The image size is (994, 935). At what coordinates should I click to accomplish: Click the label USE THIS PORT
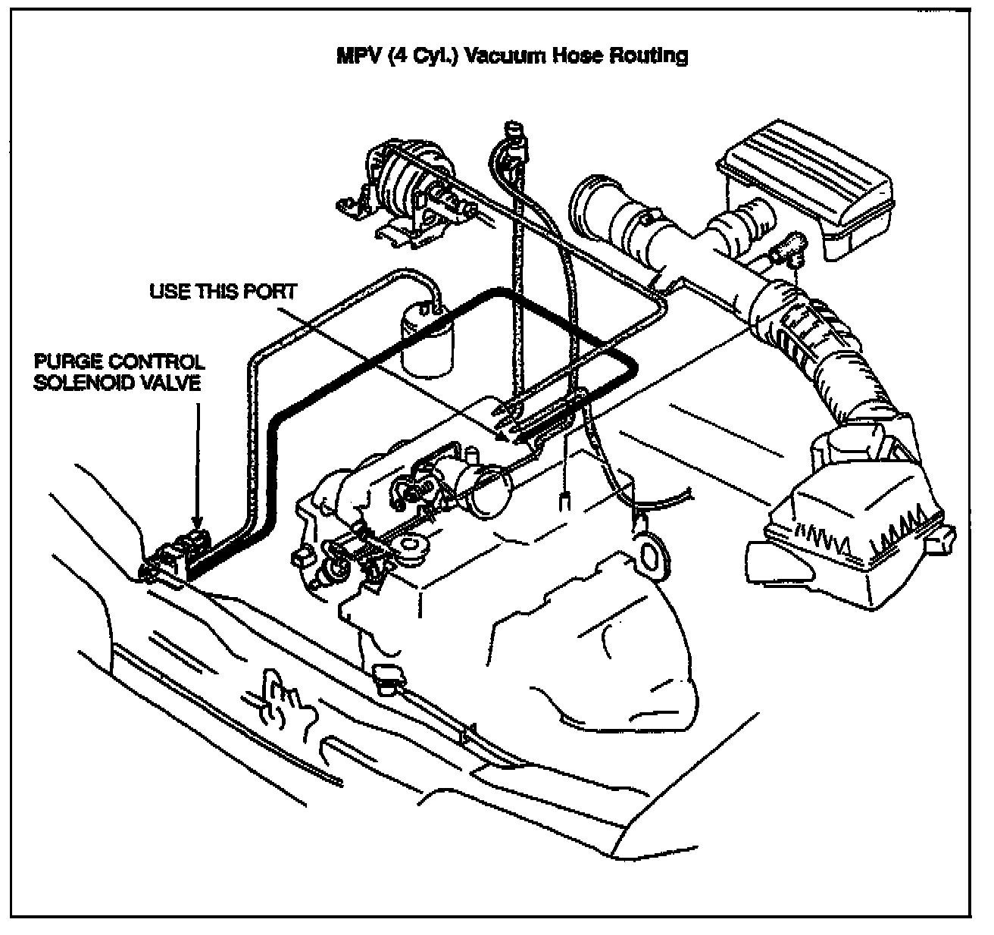(223, 292)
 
